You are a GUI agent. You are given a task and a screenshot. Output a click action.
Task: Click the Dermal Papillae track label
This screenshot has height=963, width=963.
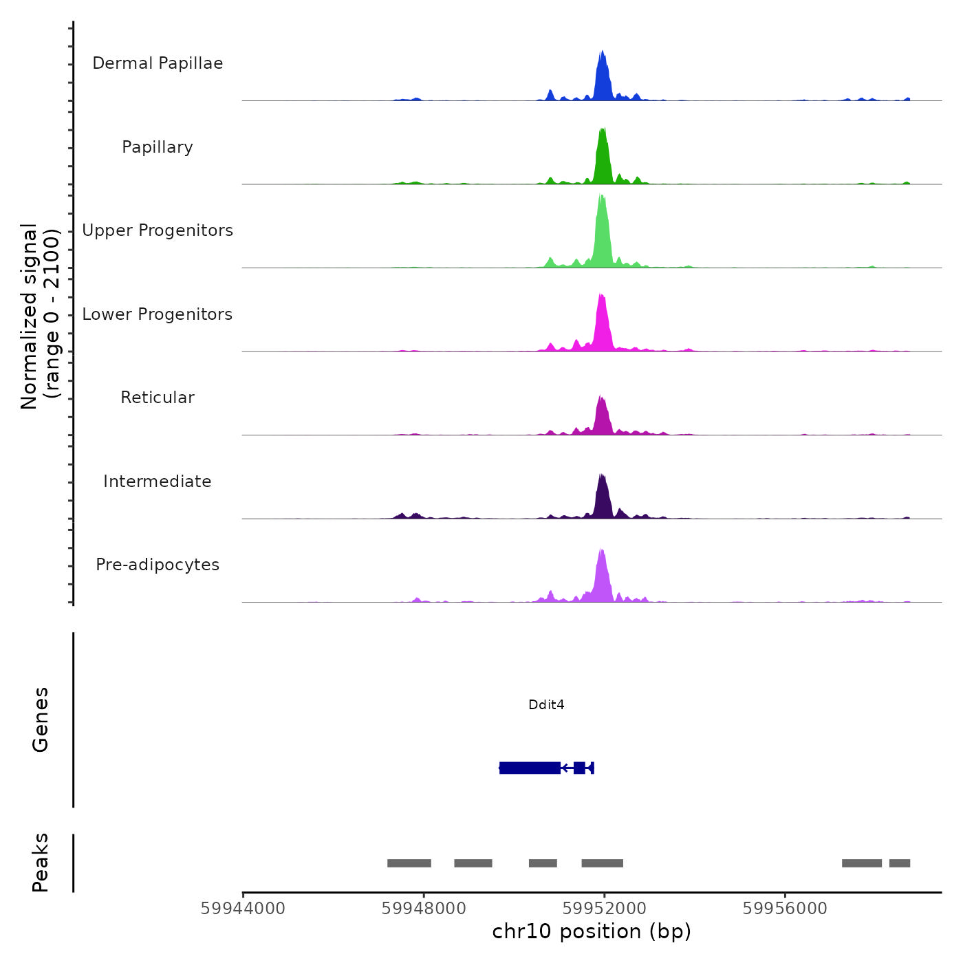coord(158,63)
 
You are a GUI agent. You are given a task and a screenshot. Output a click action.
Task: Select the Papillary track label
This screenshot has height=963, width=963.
coord(158,147)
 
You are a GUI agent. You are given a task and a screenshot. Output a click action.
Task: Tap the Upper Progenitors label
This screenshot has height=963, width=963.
coord(158,230)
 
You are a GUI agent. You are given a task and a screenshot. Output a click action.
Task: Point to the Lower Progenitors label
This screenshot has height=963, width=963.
coord(158,314)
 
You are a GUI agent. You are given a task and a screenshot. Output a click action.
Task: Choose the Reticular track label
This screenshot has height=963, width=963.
coord(158,398)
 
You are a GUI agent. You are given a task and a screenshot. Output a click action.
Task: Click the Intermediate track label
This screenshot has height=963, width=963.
coord(158,481)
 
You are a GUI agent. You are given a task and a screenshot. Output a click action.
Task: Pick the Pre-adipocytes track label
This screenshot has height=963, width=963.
coord(158,565)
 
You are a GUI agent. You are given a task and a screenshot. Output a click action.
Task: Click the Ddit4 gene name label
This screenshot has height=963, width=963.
coord(546,704)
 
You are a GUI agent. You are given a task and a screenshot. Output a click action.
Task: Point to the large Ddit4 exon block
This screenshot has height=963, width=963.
coord(530,768)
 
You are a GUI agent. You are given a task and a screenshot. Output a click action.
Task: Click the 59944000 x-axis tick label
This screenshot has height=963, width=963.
coord(243,909)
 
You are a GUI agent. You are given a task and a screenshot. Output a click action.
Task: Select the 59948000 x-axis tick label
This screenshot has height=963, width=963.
coord(424,909)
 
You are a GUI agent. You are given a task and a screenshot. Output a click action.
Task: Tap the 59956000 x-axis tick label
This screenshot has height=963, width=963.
coord(785,909)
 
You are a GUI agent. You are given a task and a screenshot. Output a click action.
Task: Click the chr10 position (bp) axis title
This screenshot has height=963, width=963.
coord(592,931)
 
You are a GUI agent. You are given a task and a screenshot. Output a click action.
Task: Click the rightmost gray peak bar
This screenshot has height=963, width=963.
coord(899,863)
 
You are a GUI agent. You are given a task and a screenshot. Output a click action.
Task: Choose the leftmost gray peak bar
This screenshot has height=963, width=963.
coord(409,863)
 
